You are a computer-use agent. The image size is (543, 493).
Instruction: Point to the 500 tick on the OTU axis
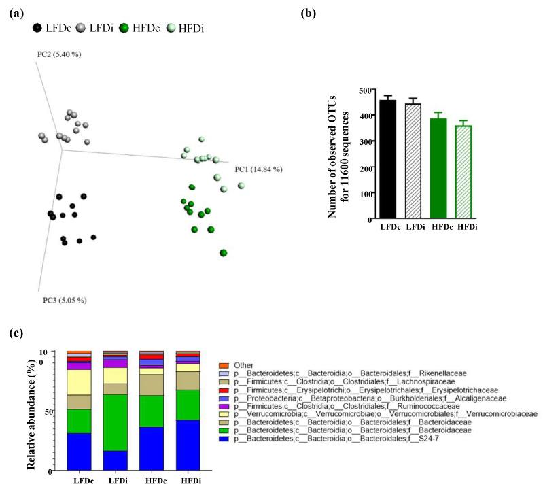(367, 90)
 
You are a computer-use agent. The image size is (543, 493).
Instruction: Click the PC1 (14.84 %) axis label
(258, 169)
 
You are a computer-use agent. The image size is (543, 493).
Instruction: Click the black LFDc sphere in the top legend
(37, 29)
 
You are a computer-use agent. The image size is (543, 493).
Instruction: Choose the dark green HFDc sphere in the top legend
(124, 29)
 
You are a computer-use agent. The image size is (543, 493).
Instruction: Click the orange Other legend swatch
(223, 365)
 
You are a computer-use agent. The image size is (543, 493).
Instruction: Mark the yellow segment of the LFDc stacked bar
(79, 382)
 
